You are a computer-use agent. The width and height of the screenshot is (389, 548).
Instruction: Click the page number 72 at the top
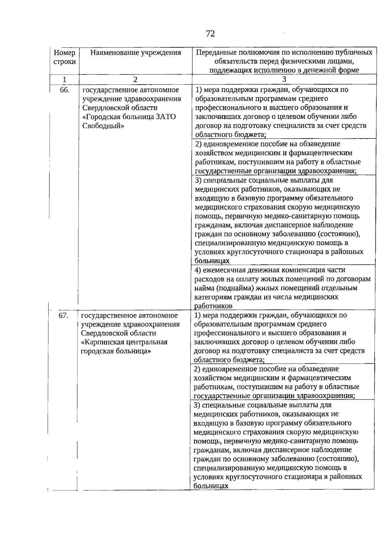[210, 34]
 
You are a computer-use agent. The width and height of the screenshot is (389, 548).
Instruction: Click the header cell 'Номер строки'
[65, 57]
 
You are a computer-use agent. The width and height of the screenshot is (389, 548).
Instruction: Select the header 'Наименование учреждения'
[136, 52]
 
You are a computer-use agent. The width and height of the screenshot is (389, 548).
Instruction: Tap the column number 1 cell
[65, 79]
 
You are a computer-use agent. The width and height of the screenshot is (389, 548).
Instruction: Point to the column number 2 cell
[136, 79]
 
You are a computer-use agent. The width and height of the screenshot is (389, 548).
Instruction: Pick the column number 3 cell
[284, 79]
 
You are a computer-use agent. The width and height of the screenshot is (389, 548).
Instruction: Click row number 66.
[65, 90]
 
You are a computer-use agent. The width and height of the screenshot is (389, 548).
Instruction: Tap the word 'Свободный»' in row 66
[103, 126]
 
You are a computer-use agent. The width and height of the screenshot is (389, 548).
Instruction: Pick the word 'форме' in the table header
[349, 70]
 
